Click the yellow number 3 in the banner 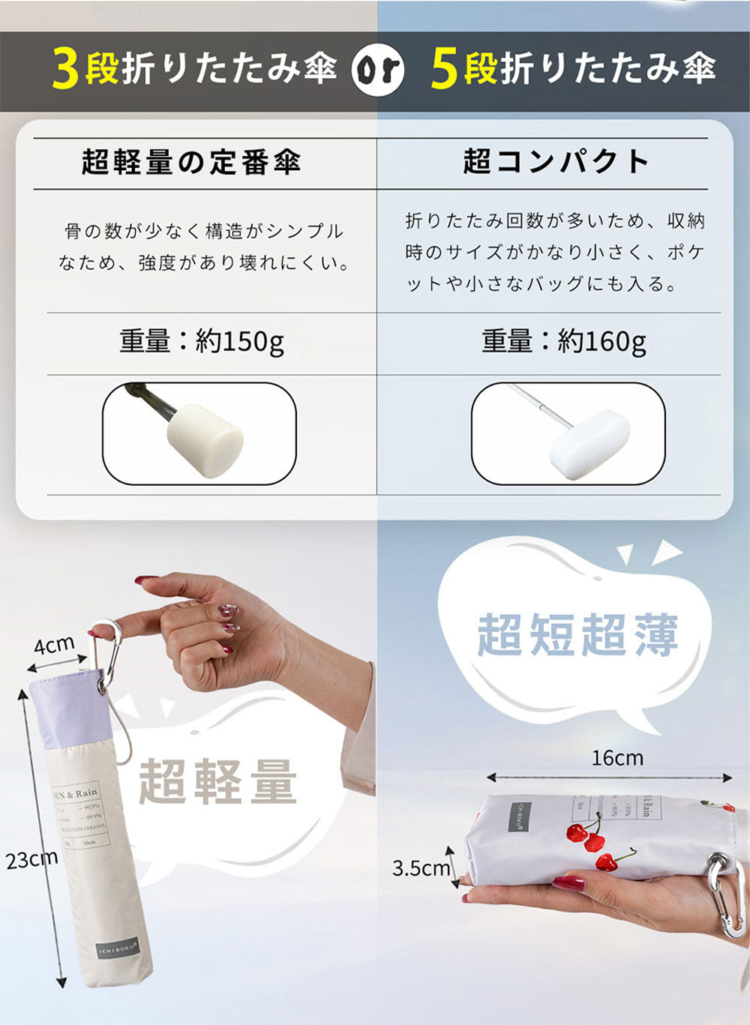click(65, 70)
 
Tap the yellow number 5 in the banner click(445, 70)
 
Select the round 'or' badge click(378, 70)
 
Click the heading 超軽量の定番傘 click(192, 161)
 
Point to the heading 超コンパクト click(556, 161)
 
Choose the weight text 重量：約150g click(202, 342)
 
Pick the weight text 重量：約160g click(564, 342)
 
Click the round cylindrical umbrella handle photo click(199, 433)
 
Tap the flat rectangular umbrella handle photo click(568, 433)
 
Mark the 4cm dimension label click(54, 644)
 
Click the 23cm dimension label click(31, 860)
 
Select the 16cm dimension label click(617, 758)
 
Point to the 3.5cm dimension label click(421, 868)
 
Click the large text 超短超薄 click(577, 634)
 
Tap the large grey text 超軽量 click(217, 781)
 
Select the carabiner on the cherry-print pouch click(725, 896)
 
